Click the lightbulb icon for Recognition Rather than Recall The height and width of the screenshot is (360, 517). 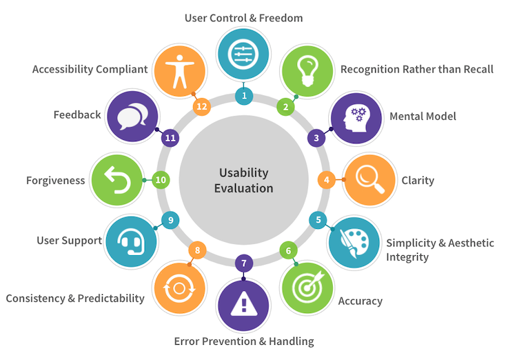point(307,70)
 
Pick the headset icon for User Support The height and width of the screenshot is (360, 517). point(131,241)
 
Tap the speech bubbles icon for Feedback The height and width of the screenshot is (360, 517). point(130,117)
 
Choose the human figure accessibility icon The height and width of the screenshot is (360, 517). point(178,70)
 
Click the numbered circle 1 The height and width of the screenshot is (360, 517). point(243,94)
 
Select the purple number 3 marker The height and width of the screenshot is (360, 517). point(316,138)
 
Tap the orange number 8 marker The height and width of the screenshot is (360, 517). point(197,250)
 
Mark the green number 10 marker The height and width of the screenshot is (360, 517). point(161,180)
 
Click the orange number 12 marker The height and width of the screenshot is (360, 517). point(201,106)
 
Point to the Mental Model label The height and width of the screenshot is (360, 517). point(423,116)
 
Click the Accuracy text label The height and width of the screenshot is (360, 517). point(360,301)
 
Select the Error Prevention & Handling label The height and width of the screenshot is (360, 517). point(243,341)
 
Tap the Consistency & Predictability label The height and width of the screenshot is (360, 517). point(75,298)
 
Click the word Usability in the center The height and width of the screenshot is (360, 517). point(243,172)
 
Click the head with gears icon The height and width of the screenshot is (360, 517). point(356,117)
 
